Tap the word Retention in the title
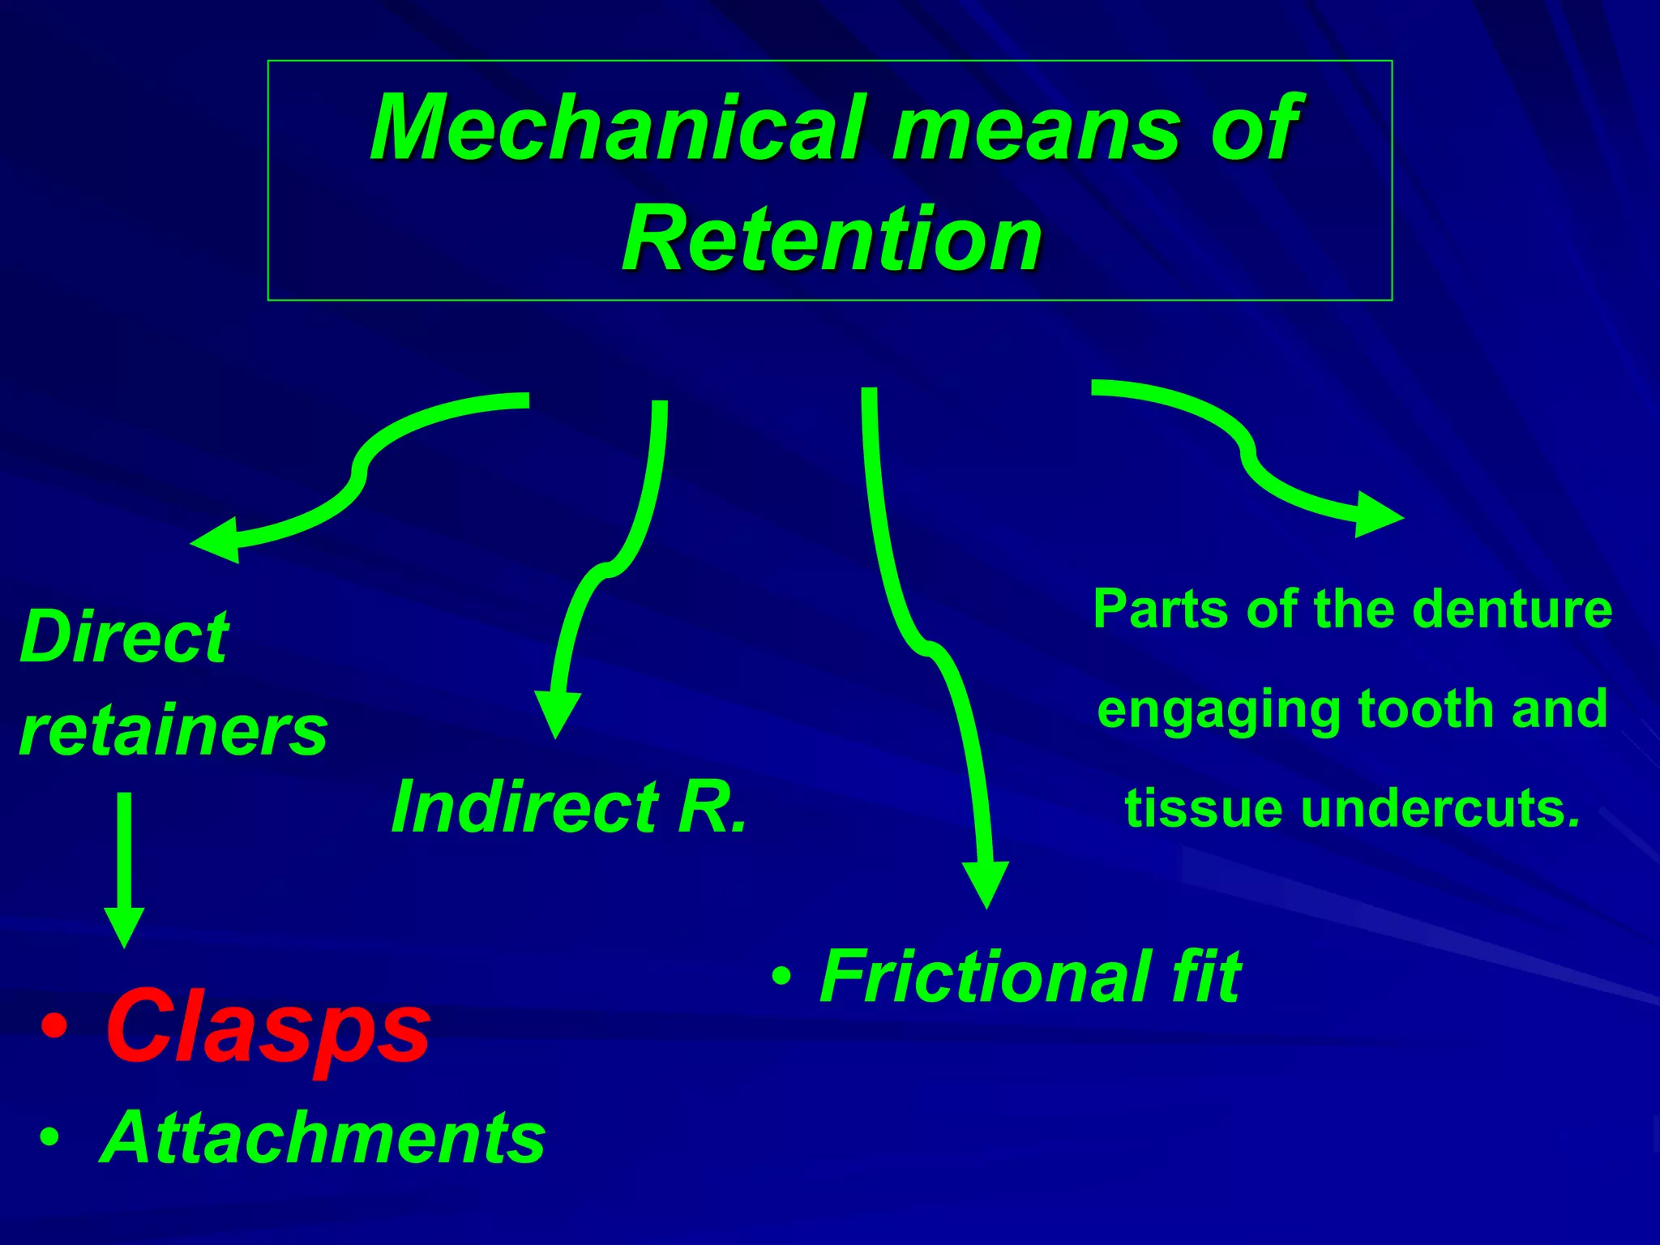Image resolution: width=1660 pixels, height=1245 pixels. tap(832, 240)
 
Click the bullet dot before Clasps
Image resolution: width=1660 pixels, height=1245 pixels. tap(54, 1028)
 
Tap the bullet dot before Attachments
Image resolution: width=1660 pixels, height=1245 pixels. tap(49, 1138)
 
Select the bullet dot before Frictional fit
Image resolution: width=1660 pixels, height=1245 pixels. tap(781, 976)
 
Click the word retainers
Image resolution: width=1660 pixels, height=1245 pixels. tap(173, 731)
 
